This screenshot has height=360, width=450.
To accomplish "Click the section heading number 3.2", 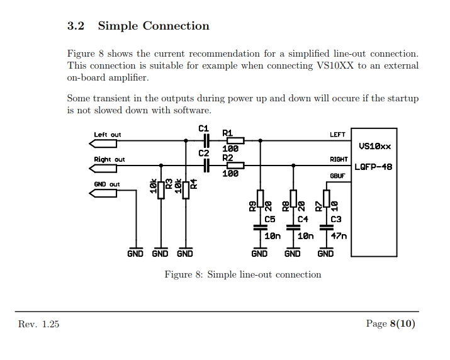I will click(76, 26).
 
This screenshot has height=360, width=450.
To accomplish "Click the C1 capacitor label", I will click(203, 128).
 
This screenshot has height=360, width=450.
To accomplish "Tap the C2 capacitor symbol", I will click(205, 166).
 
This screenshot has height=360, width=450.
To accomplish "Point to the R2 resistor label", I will click(227, 157).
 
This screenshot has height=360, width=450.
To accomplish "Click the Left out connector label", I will click(107, 135).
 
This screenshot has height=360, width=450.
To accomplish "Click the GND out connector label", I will click(106, 184).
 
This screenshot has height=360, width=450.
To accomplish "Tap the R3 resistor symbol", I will click(161, 189).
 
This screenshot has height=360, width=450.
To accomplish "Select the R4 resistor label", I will click(194, 184).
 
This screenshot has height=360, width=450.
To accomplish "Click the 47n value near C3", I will click(339, 236).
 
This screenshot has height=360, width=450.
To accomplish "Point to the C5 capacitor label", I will click(270, 219).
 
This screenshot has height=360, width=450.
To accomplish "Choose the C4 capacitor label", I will click(303, 219).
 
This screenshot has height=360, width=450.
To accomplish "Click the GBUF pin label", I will click(337, 176).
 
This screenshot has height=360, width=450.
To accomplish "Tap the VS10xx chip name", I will click(374, 146).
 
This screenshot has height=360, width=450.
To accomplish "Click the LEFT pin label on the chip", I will click(337, 135).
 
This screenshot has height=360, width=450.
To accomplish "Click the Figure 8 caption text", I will click(242, 274).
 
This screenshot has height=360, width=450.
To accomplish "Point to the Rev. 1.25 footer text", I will click(39, 323).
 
